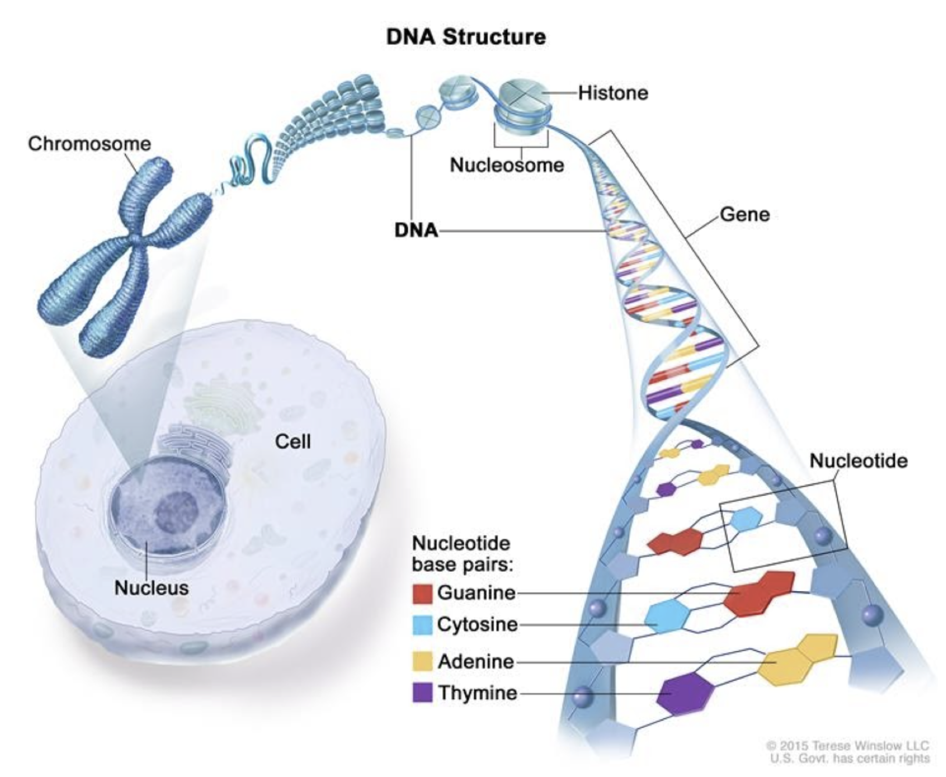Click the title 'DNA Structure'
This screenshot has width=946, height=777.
pyautogui.click(x=466, y=37)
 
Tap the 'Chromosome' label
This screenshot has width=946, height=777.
pyautogui.click(x=89, y=143)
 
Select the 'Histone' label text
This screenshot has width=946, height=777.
pyautogui.click(x=613, y=92)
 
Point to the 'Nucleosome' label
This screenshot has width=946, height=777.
pyautogui.click(x=507, y=165)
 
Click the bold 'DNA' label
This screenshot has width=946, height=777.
pyautogui.click(x=416, y=230)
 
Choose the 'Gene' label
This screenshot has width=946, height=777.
pyautogui.click(x=745, y=215)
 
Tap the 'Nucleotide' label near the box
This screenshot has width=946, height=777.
pyautogui.click(x=858, y=461)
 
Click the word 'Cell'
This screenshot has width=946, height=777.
pyautogui.click(x=293, y=441)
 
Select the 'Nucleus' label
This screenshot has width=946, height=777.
pyautogui.click(x=151, y=587)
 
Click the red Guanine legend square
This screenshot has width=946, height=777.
pyautogui.click(x=422, y=593)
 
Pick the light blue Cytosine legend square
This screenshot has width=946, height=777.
pyautogui.click(x=422, y=625)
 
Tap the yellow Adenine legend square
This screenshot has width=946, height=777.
pyautogui.click(x=422, y=661)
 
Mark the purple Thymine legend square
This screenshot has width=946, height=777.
pyautogui.click(x=422, y=693)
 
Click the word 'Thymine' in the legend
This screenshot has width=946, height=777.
pyautogui.click(x=477, y=693)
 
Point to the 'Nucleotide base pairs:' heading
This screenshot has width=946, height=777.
pyautogui.click(x=461, y=554)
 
